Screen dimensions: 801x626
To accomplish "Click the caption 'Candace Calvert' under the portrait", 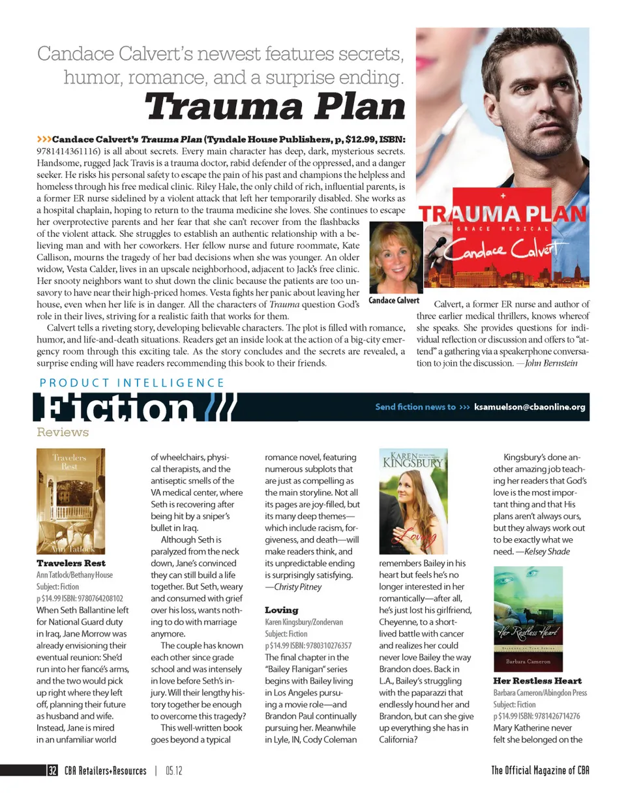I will coord(394,301).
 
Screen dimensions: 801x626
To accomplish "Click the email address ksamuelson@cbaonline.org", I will coord(530,407).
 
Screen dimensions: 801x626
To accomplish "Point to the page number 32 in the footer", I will coord(52,770).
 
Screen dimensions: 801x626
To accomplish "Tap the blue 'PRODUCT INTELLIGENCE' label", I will coord(132,383).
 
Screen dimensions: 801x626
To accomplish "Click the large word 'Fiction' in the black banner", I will coord(117,410).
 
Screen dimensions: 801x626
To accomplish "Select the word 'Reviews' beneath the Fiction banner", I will coord(63,432).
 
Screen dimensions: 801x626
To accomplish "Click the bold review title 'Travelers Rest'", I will coord(71,562).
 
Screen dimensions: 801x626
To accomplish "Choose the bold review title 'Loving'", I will coord(281,610).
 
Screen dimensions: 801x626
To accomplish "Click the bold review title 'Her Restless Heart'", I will coord(537,681).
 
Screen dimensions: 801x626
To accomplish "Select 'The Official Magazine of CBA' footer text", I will coord(541,770).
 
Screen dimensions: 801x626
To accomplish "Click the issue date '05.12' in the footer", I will coord(173,770).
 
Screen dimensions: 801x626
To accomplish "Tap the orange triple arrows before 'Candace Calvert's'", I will coord(44,139).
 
